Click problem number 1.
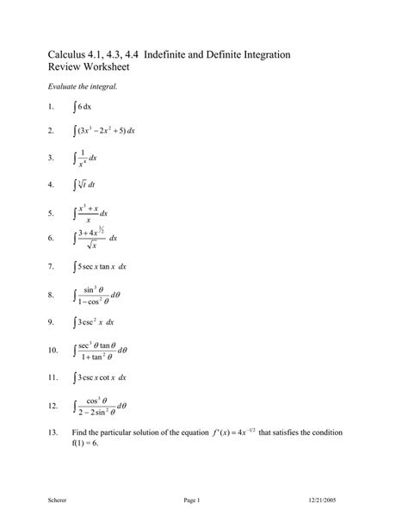click(x=51, y=107)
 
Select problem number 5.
click(x=51, y=212)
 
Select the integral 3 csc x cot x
click(x=102, y=377)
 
